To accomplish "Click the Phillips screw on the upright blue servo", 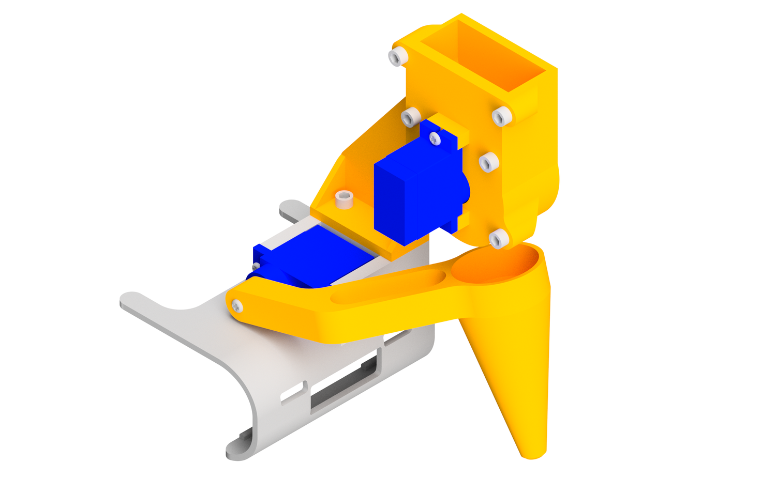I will pyautogui.click(x=435, y=138).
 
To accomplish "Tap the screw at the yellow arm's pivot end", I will pyautogui.click(x=237, y=306).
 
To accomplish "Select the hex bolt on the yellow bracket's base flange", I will pyautogui.click(x=344, y=198).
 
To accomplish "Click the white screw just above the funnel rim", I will pyautogui.click(x=499, y=239).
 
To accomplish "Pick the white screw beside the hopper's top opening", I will pyautogui.click(x=397, y=56).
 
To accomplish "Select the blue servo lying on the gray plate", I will pyautogui.click(x=305, y=258).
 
